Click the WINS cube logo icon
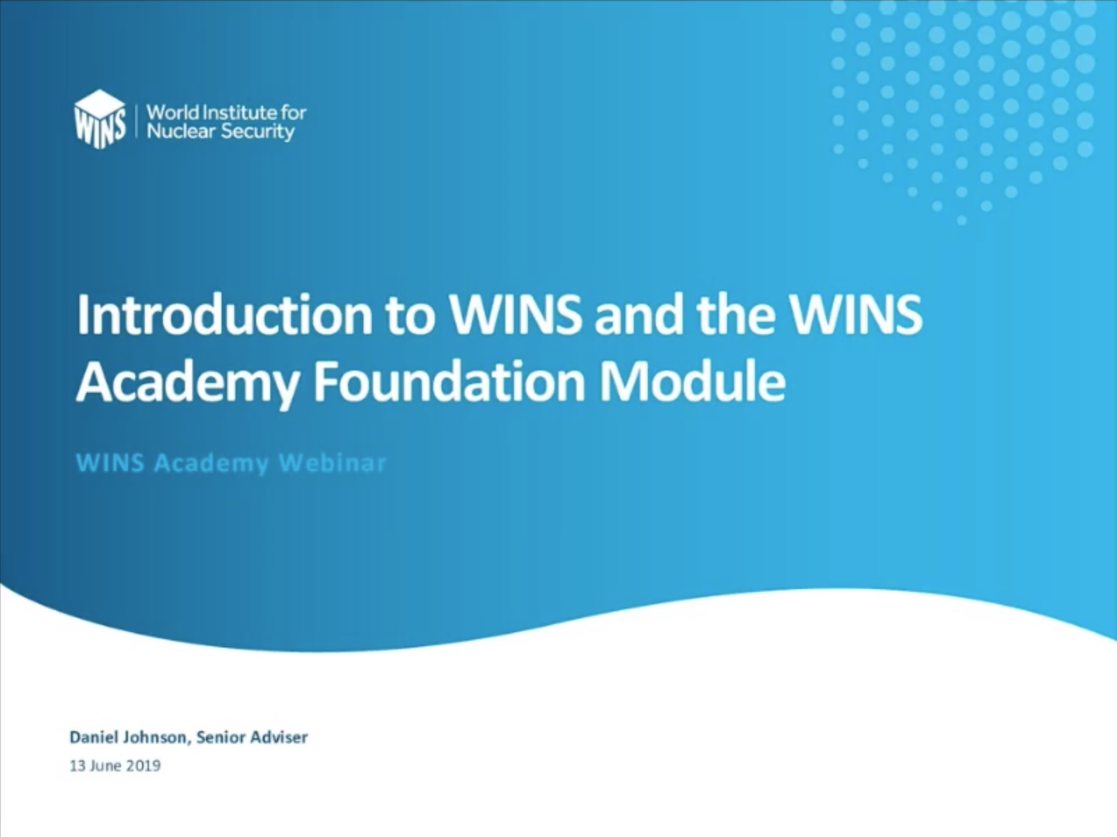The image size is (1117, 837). (x=100, y=119)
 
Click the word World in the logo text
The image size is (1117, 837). (x=172, y=112)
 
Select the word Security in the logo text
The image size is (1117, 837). (x=258, y=132)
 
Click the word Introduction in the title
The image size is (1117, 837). (x=224, y=315)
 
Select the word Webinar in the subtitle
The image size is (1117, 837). (x=332, y=463)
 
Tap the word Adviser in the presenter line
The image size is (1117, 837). (x=279, y=737)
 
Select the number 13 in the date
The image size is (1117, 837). (x=77, y=766)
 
